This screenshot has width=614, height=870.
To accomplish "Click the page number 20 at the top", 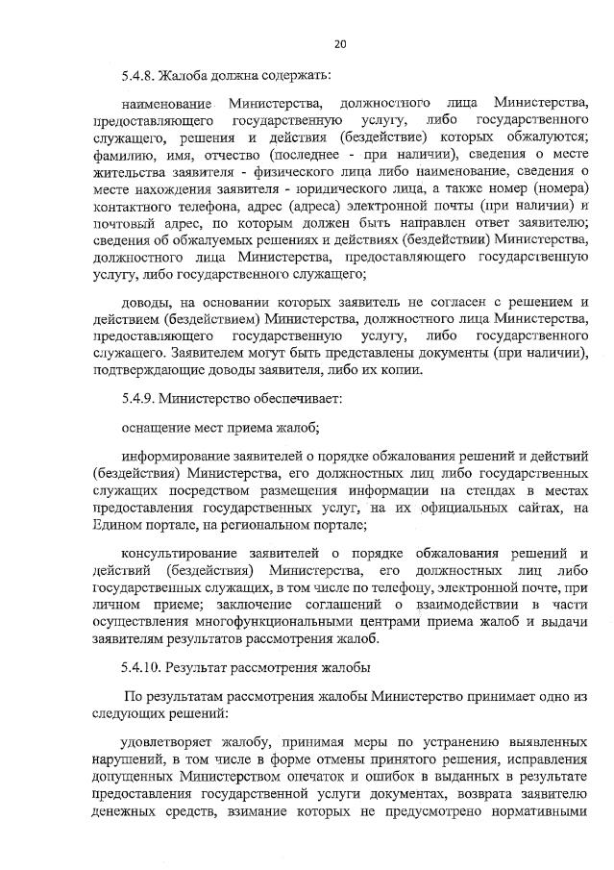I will pos(340,42).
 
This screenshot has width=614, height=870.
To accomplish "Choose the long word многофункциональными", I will pos(272,617).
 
